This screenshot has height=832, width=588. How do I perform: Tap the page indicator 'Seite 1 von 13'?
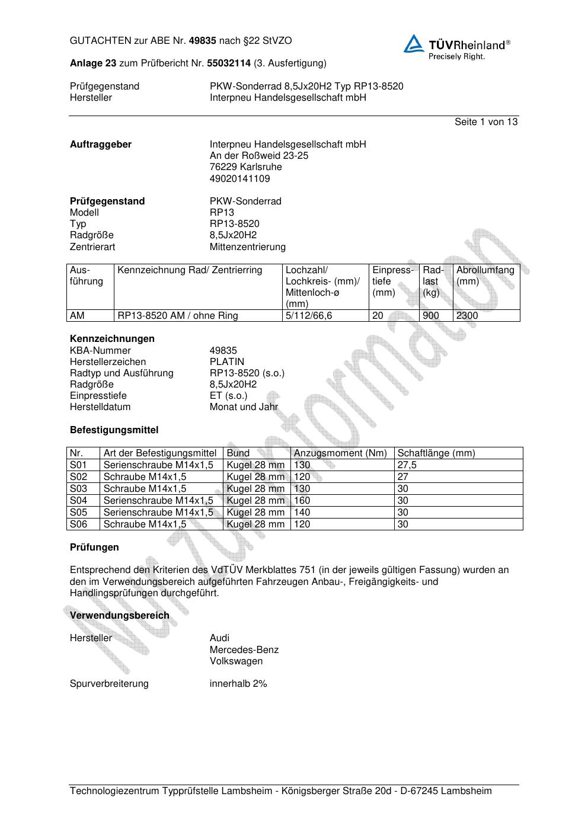pyautogui.click(x=485, y=121)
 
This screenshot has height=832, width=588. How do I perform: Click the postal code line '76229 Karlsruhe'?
pyautogui.click(x=246, y=167)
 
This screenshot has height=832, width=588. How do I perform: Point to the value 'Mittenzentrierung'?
pyautogui.click(x=247, y=247)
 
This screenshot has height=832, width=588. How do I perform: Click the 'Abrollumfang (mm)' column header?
pyautogui.click(x=485, y=276)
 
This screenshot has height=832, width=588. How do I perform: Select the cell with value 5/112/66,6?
pyautogui.click(x=309, y=316)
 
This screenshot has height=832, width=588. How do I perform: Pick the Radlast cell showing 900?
pyautogui.click(x=431, y=316)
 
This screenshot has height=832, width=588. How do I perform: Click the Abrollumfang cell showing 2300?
pyautogui.click(x=467, y=316)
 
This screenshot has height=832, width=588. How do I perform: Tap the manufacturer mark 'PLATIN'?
pyautogui.click(x=226, y=361)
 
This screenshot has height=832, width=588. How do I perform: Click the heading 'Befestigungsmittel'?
pyautogui.click(x=114, y=430)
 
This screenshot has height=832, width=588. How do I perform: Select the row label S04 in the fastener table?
pyautogui.click(x=78, y=501)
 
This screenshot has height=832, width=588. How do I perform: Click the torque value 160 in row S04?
pyautogui.click(x=302, y=501)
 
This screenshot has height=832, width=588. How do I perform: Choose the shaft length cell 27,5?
pyautogui.click(x=407, y=465)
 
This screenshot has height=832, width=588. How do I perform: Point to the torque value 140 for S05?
pyautogui.click(x=302, y=513)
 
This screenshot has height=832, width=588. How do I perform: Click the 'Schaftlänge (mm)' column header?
pyautogui.click(x=436, y=453)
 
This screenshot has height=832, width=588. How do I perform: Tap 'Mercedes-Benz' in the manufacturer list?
pyautogui.click(x=244, y=649)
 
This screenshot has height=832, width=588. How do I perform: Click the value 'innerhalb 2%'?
pyautogui.click(x=238, y=684)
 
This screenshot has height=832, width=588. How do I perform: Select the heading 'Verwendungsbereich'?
pyautogui.click(x=120, y=616)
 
